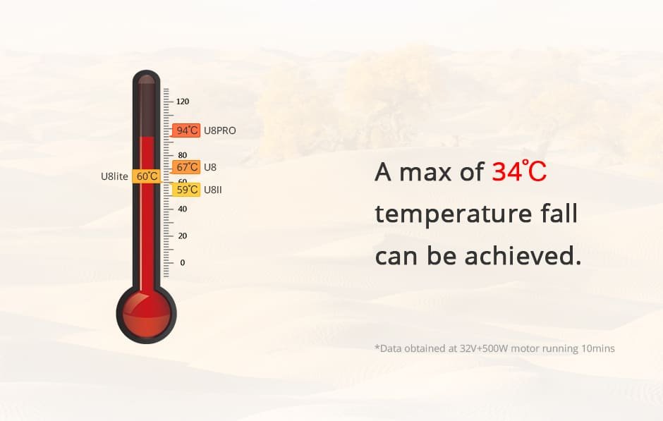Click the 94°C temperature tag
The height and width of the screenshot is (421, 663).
[x=186, y=130]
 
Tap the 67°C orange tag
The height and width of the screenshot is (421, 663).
[x=186, y=167]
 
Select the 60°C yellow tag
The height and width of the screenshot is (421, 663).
[x=146, y=176]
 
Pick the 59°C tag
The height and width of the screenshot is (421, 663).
[x=186, y=190]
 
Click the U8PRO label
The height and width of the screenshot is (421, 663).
[x=220, y=130]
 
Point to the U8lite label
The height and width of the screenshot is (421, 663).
[x=114, y=176]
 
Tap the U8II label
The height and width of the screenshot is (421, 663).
[x=213, y=190]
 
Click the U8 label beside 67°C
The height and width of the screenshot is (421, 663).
[x=210, y=167]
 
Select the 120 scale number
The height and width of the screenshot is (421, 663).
[x=183, y=102]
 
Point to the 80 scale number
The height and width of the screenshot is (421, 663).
[x=183, y=155]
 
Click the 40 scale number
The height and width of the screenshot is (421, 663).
[x=183, y=209]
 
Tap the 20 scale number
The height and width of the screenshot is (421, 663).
[x=183, y=236]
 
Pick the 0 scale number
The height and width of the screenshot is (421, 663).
[x=183, y=262]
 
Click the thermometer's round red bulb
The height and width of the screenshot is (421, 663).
[x=146, y=314]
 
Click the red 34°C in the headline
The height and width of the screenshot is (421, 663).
[x=519, y=171]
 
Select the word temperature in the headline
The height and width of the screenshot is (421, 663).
[x=453, y=214]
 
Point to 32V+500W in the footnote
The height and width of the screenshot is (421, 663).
[x=484, y=348]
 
